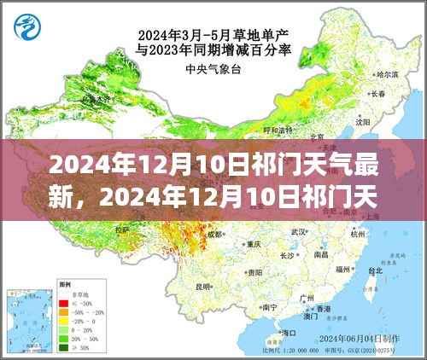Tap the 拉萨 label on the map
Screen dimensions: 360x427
click(x=122, y=229)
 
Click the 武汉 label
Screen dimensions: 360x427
click(x=297, y=232)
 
